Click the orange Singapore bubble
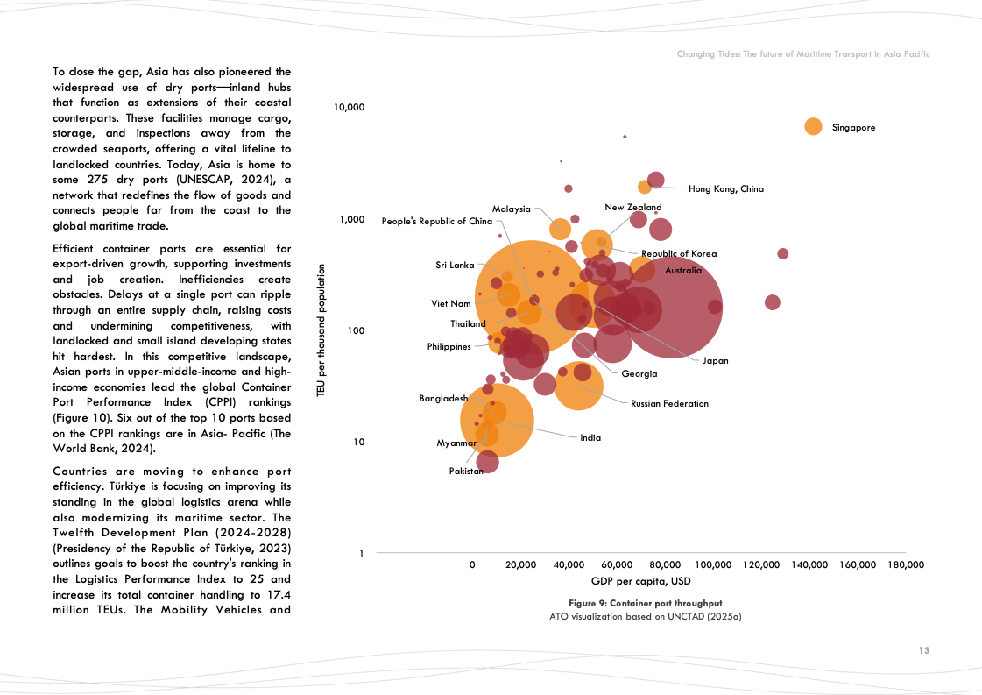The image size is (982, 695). tap(813, 126)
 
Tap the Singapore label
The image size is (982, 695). tap(853, 128)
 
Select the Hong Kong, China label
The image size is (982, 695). tap(726, 188)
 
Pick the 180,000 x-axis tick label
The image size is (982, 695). tap(906, 565)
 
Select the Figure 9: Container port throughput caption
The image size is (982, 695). tap(645, 604)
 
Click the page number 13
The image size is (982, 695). tap(924, 650)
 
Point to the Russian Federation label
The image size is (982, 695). tap(669, 404)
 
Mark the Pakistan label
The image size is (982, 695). tap(466, 472)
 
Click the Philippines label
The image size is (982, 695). tap(449, 346)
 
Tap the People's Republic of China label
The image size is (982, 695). tap(436, 222)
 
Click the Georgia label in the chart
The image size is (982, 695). tap(639, 374)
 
